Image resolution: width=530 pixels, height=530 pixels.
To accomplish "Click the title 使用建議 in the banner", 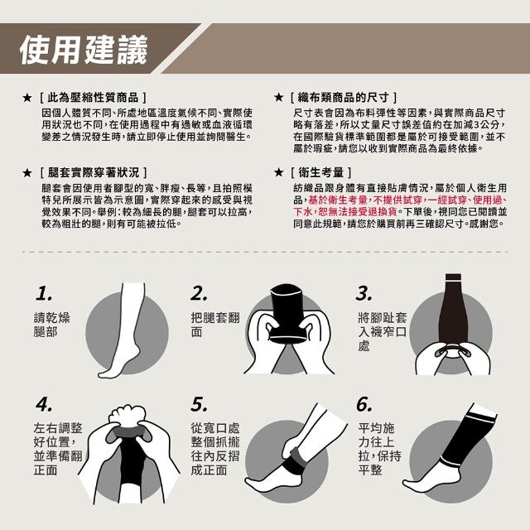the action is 84,50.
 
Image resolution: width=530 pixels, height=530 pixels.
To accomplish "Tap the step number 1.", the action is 44,294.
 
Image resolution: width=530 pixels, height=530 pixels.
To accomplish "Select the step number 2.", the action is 199,294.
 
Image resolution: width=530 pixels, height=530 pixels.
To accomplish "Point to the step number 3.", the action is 364,294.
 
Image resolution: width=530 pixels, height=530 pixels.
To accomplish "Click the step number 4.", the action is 44,405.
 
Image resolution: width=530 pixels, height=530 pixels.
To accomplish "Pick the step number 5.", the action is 199,405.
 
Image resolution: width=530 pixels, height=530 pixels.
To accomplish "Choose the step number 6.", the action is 364,405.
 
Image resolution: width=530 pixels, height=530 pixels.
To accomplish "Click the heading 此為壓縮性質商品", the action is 93,98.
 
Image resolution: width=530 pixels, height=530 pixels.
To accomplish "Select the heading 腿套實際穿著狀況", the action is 94,173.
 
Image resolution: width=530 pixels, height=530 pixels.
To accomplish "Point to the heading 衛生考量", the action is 320,173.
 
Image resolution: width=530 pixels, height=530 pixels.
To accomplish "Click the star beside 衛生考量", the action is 278,173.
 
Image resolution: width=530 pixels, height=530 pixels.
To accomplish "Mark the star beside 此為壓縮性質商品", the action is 27,98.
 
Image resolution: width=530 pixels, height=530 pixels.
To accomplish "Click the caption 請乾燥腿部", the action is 51,325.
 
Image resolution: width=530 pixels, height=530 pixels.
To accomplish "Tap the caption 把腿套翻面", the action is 215,325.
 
